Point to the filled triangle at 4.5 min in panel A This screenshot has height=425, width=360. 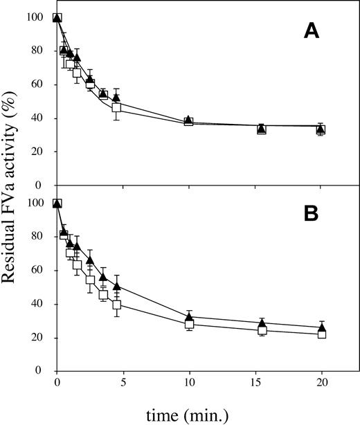click(x=116, y=98)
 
